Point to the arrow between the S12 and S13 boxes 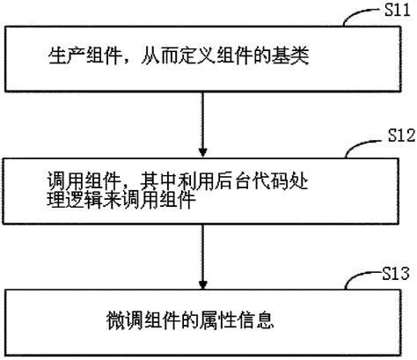pyautogui.click(x=203, y=246)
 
